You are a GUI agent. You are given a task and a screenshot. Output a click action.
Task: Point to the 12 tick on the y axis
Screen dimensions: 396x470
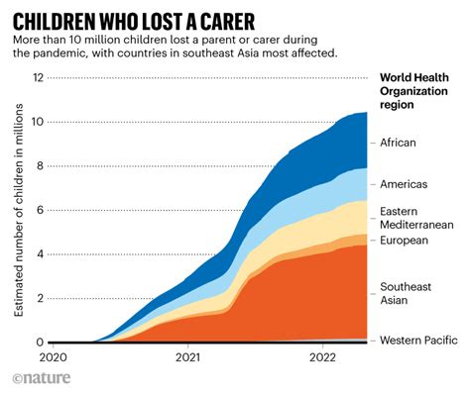[x=37, y=77]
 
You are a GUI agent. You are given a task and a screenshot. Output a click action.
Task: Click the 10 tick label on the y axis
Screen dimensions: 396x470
[x=37, y=122]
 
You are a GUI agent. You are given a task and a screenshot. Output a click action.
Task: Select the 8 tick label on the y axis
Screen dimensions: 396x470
[x=40, y=166]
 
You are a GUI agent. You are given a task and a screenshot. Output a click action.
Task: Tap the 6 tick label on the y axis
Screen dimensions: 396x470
[x=40, y=210]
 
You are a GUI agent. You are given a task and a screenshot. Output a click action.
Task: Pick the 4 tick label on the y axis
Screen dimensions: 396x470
[x=40, y=254]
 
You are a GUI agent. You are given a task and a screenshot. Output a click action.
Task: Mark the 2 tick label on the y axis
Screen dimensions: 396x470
[x=40, y=298]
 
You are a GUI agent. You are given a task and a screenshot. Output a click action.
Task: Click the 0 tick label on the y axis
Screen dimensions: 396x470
[x=40, y=343]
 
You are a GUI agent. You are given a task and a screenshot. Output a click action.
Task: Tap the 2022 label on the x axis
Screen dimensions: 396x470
[x=323, y=357]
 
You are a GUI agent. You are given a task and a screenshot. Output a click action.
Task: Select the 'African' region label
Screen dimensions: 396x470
[x=400, y=143]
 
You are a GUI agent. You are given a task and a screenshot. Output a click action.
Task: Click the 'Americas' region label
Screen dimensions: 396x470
[x=405, y=184]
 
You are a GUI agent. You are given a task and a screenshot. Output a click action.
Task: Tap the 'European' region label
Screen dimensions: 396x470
[x=405, y=241]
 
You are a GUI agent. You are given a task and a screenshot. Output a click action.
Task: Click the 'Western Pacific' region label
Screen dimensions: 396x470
[x=419, y=341]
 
